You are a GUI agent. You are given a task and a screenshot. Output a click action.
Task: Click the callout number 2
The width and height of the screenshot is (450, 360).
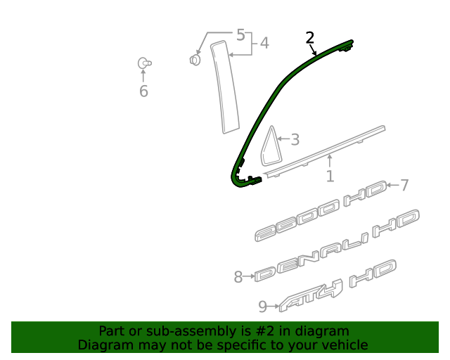tap(309, 38)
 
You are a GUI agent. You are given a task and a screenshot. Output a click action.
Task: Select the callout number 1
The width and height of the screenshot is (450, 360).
tap(330, 176)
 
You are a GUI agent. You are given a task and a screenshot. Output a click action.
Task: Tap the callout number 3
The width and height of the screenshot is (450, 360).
tap(295, 140)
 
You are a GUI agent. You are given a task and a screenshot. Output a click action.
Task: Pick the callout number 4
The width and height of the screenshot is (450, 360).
tap(264, 44)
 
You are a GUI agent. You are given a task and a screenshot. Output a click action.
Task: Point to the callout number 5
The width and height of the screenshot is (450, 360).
tap(240, 34)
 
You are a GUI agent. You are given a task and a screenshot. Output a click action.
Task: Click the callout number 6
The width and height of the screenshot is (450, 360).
tap(143, 91)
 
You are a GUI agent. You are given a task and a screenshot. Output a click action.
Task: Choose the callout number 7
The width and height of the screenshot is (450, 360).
tap(404, 186)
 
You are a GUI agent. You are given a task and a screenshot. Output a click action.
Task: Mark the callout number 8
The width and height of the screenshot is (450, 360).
tap(238, 277)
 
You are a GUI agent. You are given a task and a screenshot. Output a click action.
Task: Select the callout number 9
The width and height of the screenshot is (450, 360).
tap(262, 306)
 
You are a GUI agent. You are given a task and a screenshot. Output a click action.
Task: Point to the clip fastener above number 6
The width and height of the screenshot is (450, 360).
tap(144, 64)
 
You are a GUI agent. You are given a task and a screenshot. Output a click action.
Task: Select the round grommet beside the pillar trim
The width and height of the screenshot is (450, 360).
tap(195, 60)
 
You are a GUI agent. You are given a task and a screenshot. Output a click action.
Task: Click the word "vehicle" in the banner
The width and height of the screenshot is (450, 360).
tap(344, 345)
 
